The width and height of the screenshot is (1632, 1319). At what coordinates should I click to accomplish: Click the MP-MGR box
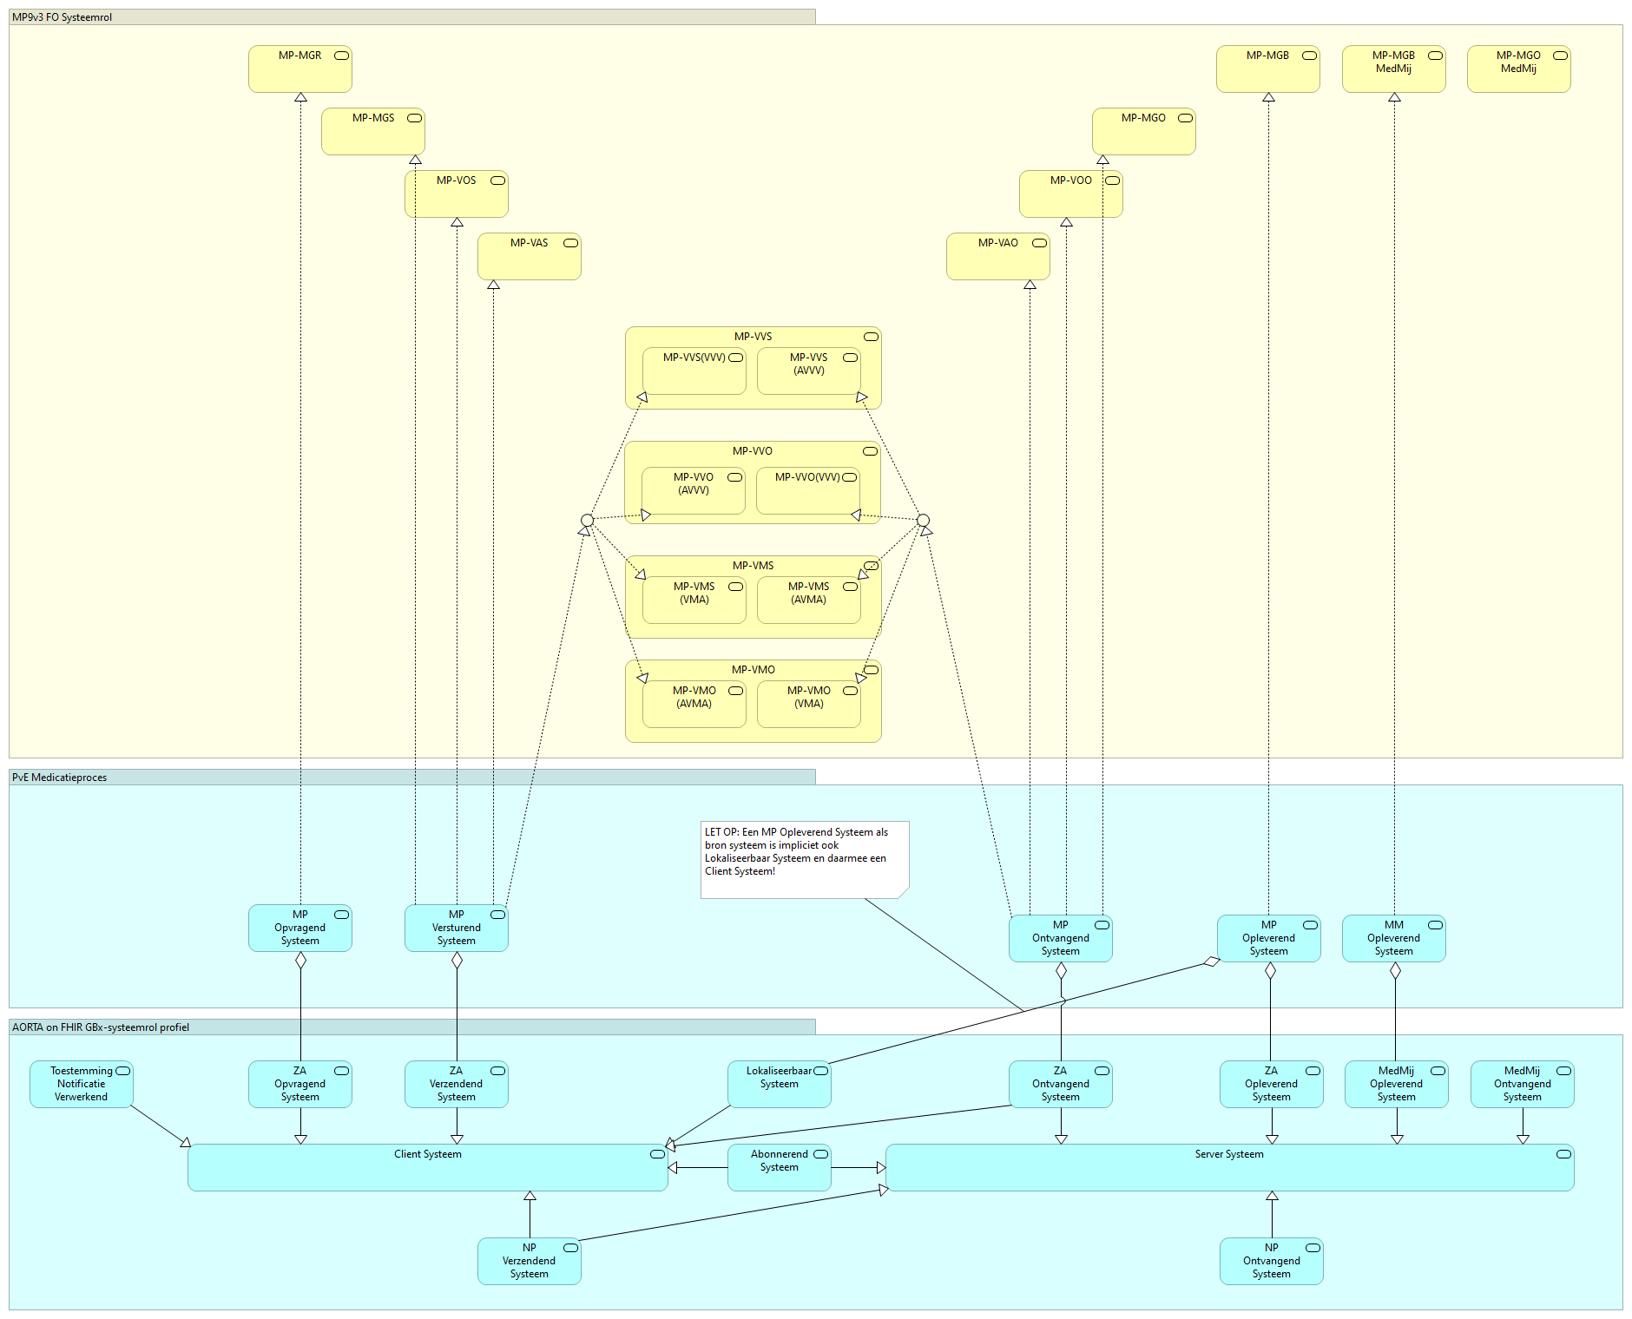point(299,69)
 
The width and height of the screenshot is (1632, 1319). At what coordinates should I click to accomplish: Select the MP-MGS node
point(372,131)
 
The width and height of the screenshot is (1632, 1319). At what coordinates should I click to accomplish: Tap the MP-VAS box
point(529,256)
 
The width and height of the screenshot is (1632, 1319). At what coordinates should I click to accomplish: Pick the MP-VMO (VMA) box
point(808,704)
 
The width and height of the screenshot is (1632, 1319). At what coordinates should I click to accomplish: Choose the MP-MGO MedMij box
point(1518,69)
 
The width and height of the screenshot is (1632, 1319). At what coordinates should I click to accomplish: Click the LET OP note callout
point(804,859)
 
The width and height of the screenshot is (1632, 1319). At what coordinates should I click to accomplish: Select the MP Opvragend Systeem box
point(299,928)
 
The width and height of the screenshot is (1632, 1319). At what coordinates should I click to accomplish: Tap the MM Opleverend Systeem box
point(1393,938)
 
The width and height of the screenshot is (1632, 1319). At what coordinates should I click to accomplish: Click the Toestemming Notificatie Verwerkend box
point(81,1084)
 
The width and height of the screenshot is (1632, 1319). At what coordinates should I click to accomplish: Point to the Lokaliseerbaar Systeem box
point(779,1084)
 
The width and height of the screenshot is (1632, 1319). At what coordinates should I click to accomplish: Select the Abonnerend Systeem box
point(779,1167)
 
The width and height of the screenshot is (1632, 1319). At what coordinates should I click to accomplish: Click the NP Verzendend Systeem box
point(529,1261)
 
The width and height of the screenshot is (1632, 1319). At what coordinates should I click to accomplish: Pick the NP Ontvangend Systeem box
point(1271,1261)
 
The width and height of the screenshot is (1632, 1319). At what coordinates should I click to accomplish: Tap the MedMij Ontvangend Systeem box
point(1522,1084)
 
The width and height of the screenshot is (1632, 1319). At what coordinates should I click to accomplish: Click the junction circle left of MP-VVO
point(587,521)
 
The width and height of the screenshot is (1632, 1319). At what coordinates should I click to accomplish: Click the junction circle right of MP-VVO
point(923,521)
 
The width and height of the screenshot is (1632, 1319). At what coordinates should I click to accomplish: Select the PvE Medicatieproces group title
point(60,778)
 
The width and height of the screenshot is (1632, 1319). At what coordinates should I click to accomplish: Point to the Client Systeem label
point(427,1154)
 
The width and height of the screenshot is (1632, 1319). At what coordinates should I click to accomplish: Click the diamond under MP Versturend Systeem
point(457,961)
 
